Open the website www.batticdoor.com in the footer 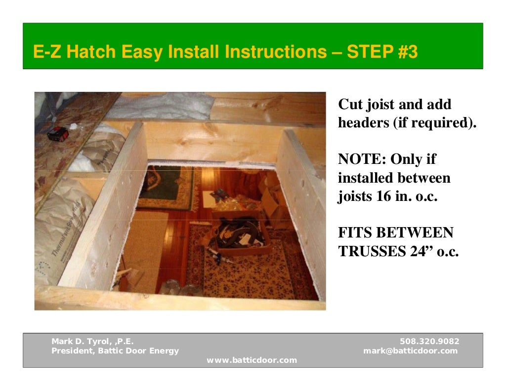click(x=252, y=360)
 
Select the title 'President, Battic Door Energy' click(x=115, y=351)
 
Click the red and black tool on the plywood click(x=58, y=132)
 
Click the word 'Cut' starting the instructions click(x=349, y=105)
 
